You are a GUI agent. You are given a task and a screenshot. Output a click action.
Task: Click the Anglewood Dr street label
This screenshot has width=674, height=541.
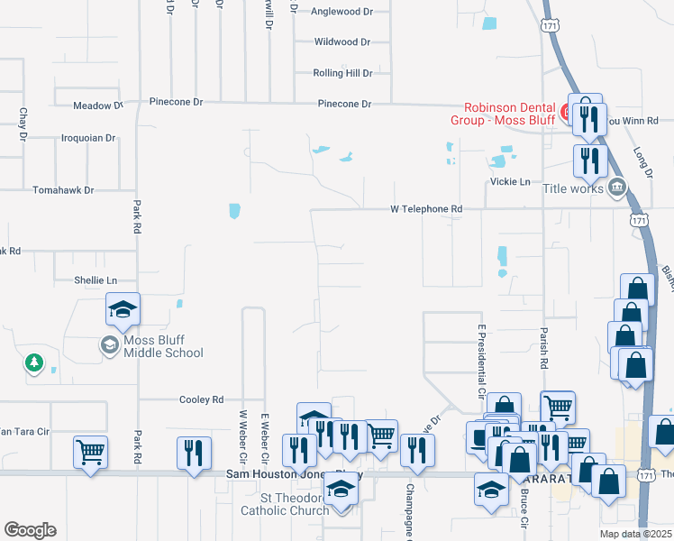pos(342,13)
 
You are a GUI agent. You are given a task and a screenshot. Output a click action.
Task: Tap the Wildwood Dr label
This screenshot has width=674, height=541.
pos(342,42)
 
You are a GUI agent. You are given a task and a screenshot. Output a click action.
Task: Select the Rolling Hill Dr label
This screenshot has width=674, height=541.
pos(342,73)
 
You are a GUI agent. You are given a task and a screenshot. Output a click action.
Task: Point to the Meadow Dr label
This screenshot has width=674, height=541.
pos(97,105)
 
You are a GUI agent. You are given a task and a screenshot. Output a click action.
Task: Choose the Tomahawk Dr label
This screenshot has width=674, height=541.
pos(63,190)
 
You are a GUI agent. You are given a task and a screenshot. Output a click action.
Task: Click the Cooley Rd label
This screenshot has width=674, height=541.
pos(201,399)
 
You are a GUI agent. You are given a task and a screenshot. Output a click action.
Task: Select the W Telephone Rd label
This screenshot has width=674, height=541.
pos(426,209)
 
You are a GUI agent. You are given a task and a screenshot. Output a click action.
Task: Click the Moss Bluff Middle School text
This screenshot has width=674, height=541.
pos(163,347)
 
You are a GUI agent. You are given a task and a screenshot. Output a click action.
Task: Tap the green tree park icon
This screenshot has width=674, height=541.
pos(34,362)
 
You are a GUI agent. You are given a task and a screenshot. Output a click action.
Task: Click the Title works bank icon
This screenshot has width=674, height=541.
pos(618,188)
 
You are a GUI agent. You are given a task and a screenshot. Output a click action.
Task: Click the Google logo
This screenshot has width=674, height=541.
pos(30,530)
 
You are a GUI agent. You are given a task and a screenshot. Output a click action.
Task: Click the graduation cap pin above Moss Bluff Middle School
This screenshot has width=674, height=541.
pos(123,310)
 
